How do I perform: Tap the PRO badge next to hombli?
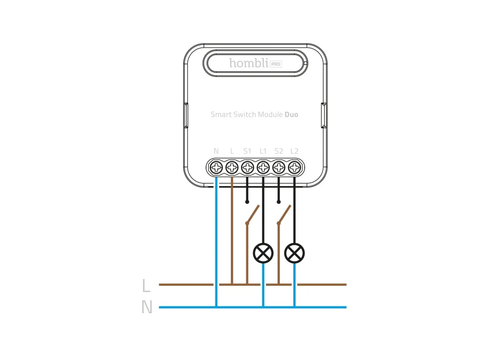(x=276, y=64)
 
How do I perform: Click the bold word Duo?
(x=292, y=114)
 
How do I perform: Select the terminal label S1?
(x=247, y=151)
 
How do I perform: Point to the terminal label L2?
(x=294, y=151)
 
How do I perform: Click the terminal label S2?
(x=278, y=151)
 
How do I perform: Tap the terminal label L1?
(x=263, y=151)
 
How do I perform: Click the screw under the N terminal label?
(x=216, y=167)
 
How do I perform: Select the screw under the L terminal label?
(x=232, y=167)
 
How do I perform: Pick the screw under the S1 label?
(x=247, y=167)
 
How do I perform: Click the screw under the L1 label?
(x=263, y=167)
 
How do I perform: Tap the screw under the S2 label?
(x=278, y=167)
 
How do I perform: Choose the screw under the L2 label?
(x=294, y=167)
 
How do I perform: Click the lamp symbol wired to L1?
(x=263, y=253)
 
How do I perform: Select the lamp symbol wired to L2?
(x=295, y=253)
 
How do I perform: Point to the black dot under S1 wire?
(x=247, y=202)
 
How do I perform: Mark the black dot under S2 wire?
(x=278, y=202)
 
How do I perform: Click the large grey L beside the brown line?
(x=146, y=286)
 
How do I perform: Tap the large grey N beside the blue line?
(x=147, y=307)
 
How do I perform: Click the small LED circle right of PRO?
(x=305, y=63)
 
